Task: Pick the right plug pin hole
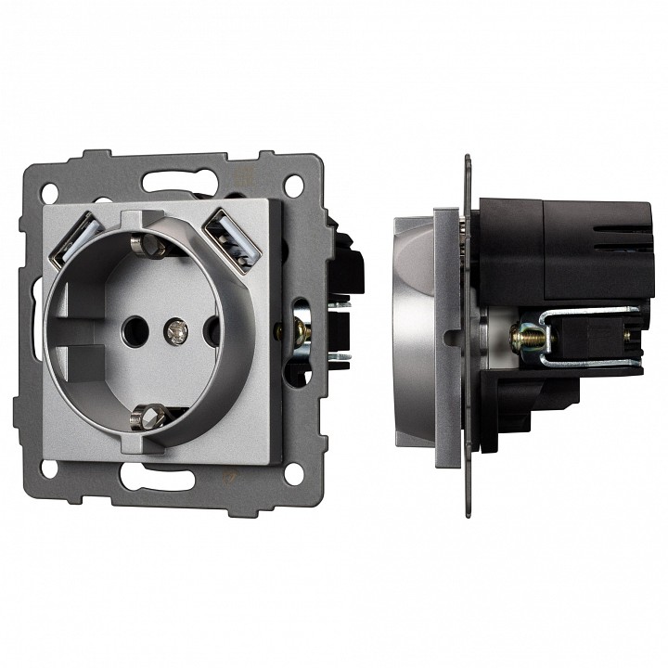[x=211, y=327]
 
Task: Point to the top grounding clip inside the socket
[x=146, y=246]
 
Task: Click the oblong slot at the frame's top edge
[x=170, y=178]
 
